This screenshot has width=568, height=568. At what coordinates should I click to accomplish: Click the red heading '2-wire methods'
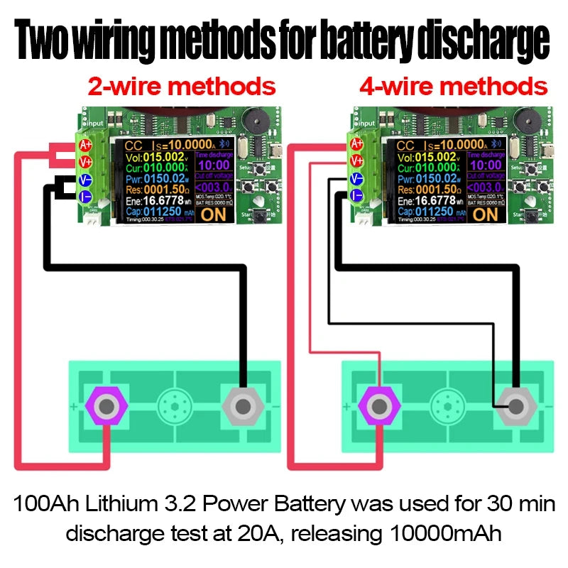click(x=181, y=87)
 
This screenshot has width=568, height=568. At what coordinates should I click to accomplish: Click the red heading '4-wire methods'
click(x=453, y=87)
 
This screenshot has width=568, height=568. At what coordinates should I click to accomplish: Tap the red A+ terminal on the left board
click(x=85, y=145)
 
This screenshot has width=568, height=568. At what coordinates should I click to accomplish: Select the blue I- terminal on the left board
click(x=85, y=195)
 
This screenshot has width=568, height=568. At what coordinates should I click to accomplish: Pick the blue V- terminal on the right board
click(x=357, y=179)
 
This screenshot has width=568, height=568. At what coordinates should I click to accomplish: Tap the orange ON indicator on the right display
click(x=485, y=212)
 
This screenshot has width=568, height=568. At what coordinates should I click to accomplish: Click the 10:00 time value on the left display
click(x=213, y=165)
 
